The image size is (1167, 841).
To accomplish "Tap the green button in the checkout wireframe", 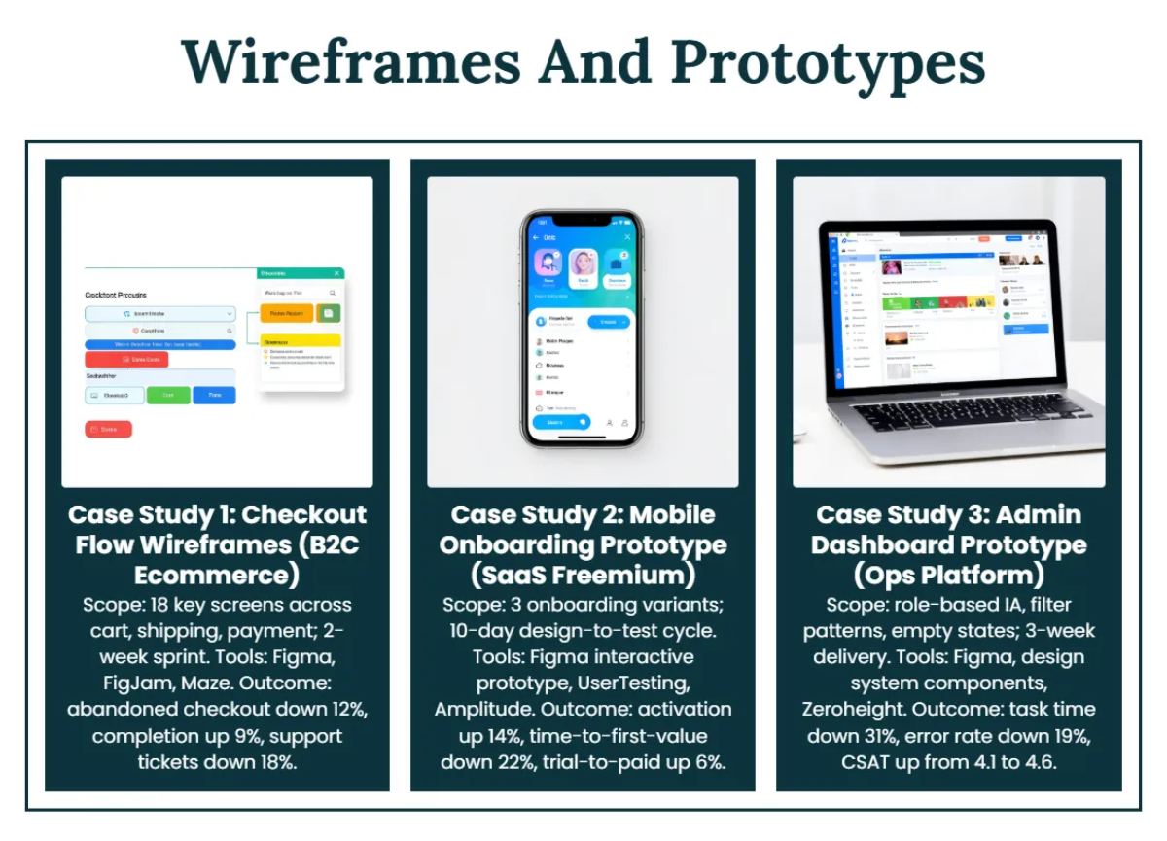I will click(x=168, y=395).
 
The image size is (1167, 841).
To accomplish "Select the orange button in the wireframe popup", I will click(x=286, y=313).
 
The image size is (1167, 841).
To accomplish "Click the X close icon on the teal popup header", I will click(x=336, y=274).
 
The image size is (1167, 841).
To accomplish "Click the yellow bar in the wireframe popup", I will click(x=301, y=341).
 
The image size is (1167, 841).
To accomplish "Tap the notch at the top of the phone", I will click(x=582, y=220).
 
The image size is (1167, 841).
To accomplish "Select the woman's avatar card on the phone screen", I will click(x=583, y=266).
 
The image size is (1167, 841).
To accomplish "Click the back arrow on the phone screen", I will click(x=536, y=237).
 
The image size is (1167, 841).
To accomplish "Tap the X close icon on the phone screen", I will click(x=627, y=237).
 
